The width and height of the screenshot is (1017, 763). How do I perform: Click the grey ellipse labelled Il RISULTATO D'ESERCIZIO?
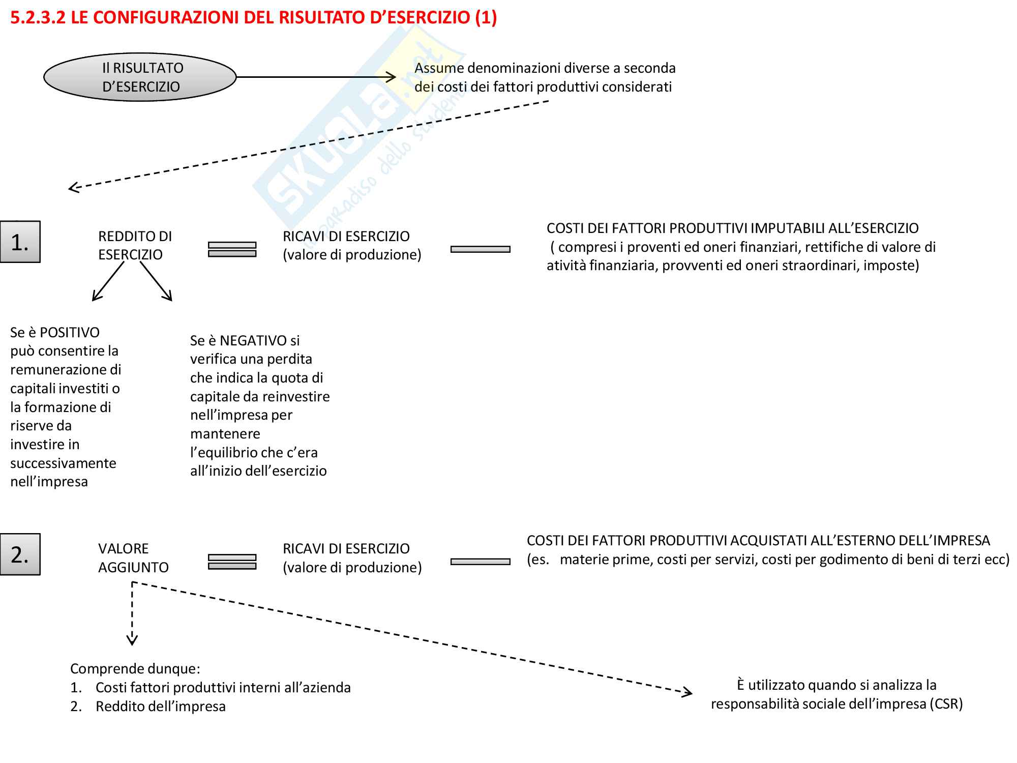coord(140,77)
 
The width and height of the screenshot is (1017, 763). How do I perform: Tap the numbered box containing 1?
coord(20,242)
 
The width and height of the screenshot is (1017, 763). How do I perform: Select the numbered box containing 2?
coord(20,554)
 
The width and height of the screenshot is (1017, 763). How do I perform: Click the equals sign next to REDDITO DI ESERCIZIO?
coord(232,249)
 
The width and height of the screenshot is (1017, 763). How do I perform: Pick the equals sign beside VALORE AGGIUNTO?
coord(232,562)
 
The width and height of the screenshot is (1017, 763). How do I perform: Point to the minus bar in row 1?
coord(480,249)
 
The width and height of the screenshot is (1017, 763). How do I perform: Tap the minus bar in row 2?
coord(480,562)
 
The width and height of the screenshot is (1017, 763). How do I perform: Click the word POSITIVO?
coord(70,333)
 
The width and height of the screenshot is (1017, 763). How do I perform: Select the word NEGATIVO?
coord(253,341)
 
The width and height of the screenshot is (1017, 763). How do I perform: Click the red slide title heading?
coord(253,18)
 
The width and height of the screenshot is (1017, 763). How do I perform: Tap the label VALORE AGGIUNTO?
coord(133,558)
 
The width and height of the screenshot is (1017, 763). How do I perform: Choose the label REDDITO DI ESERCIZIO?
coord(135,245)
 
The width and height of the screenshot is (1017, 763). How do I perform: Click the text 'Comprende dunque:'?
coord(135,669)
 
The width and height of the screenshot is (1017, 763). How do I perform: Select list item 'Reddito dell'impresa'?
coord(160,707)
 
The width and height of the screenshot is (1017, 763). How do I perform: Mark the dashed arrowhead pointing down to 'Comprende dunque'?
coord(132,640)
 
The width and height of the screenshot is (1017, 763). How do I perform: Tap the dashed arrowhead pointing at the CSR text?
coord(687,692)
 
